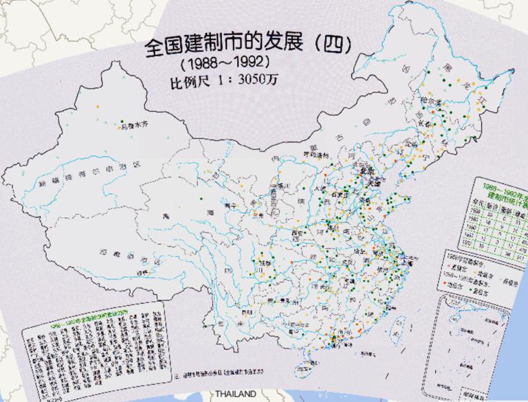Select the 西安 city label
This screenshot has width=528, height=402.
click(297, 234)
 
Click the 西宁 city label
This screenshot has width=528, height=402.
click(231, 205)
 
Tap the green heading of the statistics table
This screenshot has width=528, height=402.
click(500, 190)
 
